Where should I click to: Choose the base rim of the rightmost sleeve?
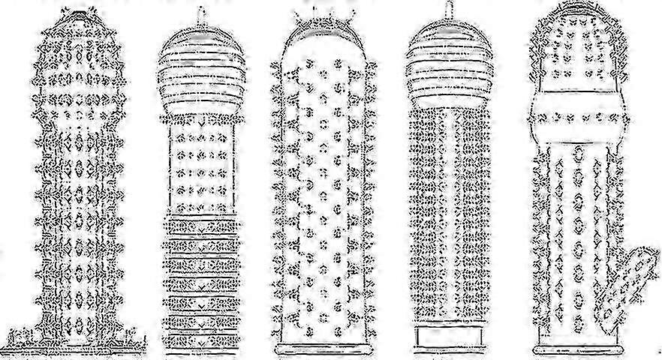[x=578, y=349]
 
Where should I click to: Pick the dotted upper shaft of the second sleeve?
[x=199, y=165]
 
